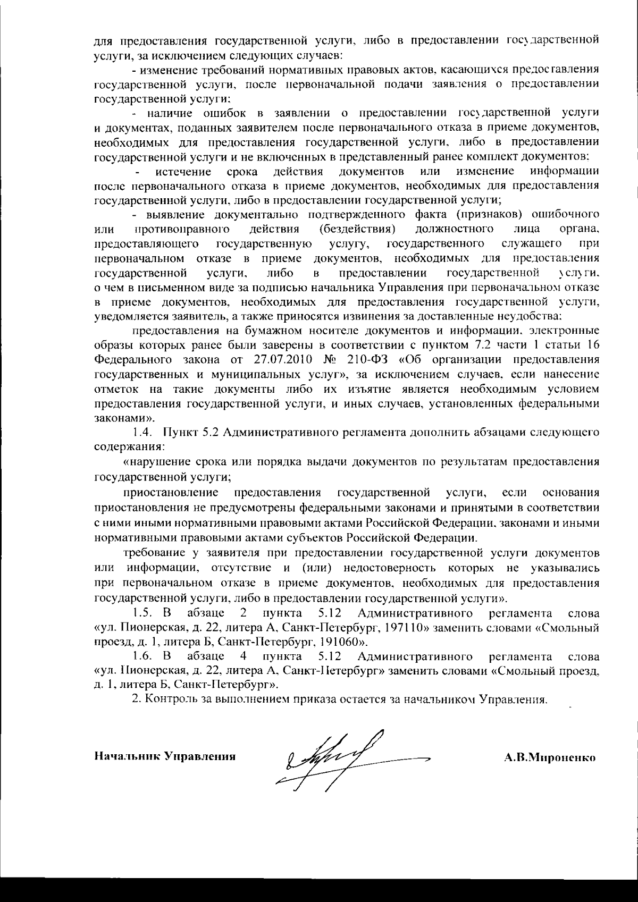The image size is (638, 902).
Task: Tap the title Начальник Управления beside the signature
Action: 165,756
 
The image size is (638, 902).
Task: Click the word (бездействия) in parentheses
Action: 357,229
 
